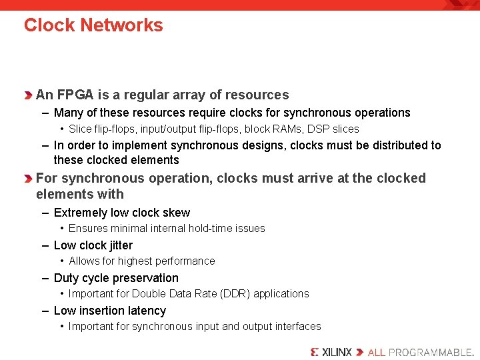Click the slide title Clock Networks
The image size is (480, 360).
[93, 25]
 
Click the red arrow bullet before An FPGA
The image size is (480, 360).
[28, 95]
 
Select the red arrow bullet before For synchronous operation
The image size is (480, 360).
[28, 179]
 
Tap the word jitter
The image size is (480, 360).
[117, 245]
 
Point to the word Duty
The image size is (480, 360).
[66, 278]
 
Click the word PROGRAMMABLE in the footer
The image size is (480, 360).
[429, 351]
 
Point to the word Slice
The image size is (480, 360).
[80, 129]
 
